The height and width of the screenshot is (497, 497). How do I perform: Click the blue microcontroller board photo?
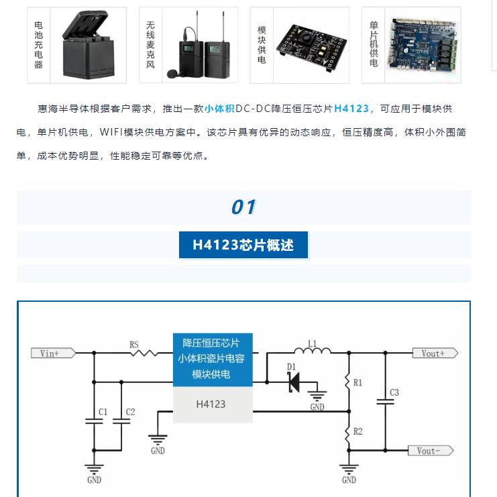pyautogui.click(x=422, y=44)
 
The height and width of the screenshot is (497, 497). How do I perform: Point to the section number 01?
pyautogui.click(x=243, y=207)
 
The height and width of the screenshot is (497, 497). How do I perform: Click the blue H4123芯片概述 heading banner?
pyautogui.click(x=243, y=245)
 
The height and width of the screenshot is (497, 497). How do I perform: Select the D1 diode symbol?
pyautogui.click(x=294, y=382)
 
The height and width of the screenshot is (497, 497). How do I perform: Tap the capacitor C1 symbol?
pyautogui.click(x=94, y=421)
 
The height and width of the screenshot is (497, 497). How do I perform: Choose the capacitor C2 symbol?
pyautogui.click(x=121, y=421)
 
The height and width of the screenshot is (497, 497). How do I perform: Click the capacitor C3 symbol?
pyautogui.click(x=385, y=401)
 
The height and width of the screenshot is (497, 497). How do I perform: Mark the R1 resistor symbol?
pyautogui.click(x=348, y=382)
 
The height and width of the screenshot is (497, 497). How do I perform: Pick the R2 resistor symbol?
pyautogui.click(x=348, y=432)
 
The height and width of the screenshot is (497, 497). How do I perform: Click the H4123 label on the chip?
pyautogui.click(x=211, y=404)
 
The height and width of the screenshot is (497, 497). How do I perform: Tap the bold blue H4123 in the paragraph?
pyautogui.click(x=351, y=109)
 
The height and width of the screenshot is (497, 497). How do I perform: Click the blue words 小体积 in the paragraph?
pyautogui.click(x=219, y=109)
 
